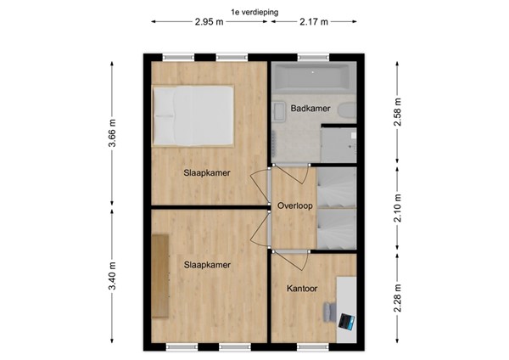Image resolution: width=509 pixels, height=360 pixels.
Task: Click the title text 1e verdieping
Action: click(254, 11)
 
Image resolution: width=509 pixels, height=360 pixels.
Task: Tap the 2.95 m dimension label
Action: click(209, 22)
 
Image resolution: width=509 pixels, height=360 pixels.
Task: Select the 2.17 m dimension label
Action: click(315, 22)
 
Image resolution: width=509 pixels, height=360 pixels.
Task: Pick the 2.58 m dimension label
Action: click(398, 110)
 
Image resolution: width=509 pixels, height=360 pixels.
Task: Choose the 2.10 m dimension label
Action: click(398, 206)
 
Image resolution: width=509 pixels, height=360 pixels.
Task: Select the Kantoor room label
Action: click(301, 289)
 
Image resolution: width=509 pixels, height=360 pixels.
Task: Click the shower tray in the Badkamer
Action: click(342, 144)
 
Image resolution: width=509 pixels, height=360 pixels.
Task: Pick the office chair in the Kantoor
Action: click(329, 312)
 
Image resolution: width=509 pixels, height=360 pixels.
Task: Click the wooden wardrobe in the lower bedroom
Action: click(160, 274)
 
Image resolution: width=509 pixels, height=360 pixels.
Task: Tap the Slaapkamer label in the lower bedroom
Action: click(208, 265)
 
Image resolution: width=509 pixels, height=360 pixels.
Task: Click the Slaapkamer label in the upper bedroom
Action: click(208, 173)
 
